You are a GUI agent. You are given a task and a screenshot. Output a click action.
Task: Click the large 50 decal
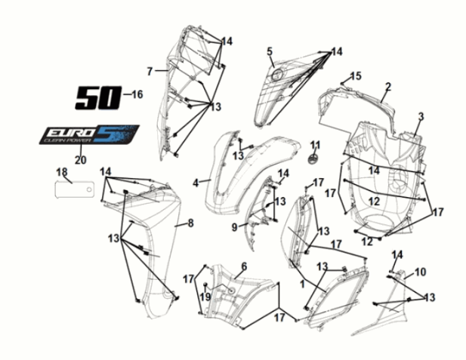[x=97, y=97]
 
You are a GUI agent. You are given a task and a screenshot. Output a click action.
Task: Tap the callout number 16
[x=136, y=95]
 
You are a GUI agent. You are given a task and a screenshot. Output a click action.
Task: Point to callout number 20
[x=80, y=159]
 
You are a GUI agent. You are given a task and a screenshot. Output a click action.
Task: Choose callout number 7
[x=150, y=71]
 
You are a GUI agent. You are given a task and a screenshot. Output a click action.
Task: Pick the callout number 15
[x=356, y=75]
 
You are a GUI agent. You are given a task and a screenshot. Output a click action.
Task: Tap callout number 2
[x=387, y=87]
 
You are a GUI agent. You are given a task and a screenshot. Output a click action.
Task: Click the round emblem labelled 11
[x=314, y=158]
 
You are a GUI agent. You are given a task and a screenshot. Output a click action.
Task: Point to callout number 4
[x=195, y=183]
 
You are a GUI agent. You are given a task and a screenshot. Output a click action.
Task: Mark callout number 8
[x=191, y=223]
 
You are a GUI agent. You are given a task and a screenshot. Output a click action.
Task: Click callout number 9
[x=235, y=227]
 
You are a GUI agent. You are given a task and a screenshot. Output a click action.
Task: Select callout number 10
[x=421, y=272]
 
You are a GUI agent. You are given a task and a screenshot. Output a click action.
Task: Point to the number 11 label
[x=315, y=145]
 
